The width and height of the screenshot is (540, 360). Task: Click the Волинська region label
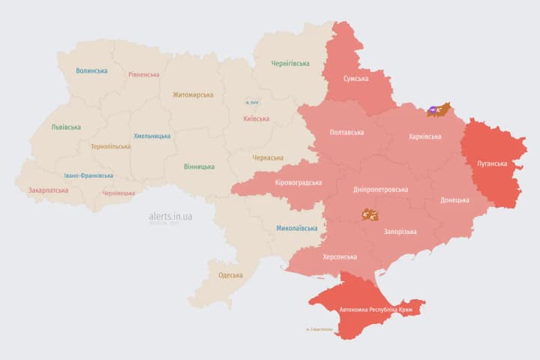91,71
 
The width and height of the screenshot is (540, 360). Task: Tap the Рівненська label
143,75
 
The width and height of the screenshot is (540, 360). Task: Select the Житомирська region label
193,95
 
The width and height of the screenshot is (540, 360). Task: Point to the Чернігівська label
290,64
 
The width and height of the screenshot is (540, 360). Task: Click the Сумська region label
355,79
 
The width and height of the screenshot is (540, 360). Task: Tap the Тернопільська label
110,147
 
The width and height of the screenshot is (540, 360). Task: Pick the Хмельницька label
151,136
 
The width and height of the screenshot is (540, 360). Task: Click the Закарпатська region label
48,190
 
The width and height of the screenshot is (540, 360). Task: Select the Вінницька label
199,166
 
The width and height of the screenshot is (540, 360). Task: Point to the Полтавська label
346,133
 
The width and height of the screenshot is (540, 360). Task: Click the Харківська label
425,137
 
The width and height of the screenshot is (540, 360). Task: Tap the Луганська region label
492,163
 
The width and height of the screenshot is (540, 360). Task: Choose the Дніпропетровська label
380,190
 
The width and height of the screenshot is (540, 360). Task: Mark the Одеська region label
230,275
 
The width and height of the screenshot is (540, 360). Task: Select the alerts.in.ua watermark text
170,217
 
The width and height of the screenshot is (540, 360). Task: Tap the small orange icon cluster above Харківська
438,110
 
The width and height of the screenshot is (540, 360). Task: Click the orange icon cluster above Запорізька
369,214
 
